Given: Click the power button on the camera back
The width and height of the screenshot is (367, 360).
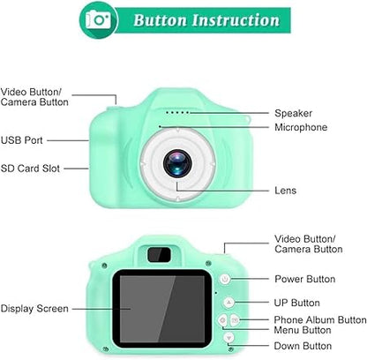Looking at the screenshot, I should pos(226,280).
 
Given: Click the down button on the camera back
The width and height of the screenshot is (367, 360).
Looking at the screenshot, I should pos(228,338).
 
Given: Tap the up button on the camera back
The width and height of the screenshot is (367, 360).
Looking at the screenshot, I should pos(228,301).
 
